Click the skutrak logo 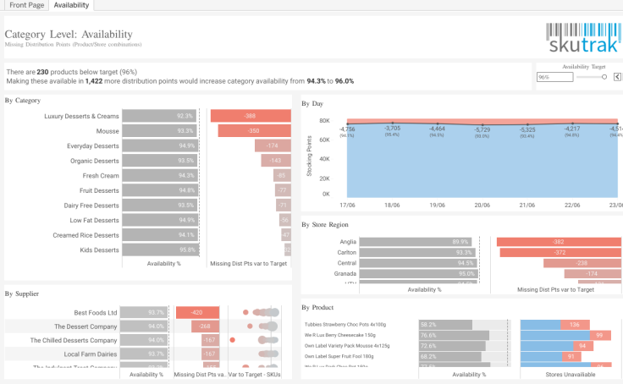pos(582,40)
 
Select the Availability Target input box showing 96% pos(554,77)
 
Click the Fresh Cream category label pos(101,175)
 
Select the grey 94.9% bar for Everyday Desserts pos(159,145)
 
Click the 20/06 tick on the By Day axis pos(482,205)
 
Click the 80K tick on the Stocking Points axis pos(323,121)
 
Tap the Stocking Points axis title pos(309,158)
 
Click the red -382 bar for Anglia pos(559,241)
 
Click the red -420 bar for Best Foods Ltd pos(197,312)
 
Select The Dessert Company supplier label pos(85,326)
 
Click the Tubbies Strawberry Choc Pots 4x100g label pos(345,324)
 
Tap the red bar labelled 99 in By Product pos(599,336)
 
